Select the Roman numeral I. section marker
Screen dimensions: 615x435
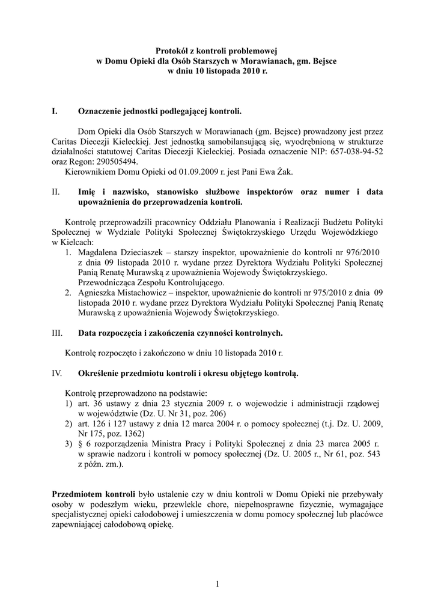coord(55,111)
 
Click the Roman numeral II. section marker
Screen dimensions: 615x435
coord(56,192)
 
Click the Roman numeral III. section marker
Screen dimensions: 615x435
coord(57,333)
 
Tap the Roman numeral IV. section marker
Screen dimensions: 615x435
coord(57,373)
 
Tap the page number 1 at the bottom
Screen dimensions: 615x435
coord(217,584)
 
